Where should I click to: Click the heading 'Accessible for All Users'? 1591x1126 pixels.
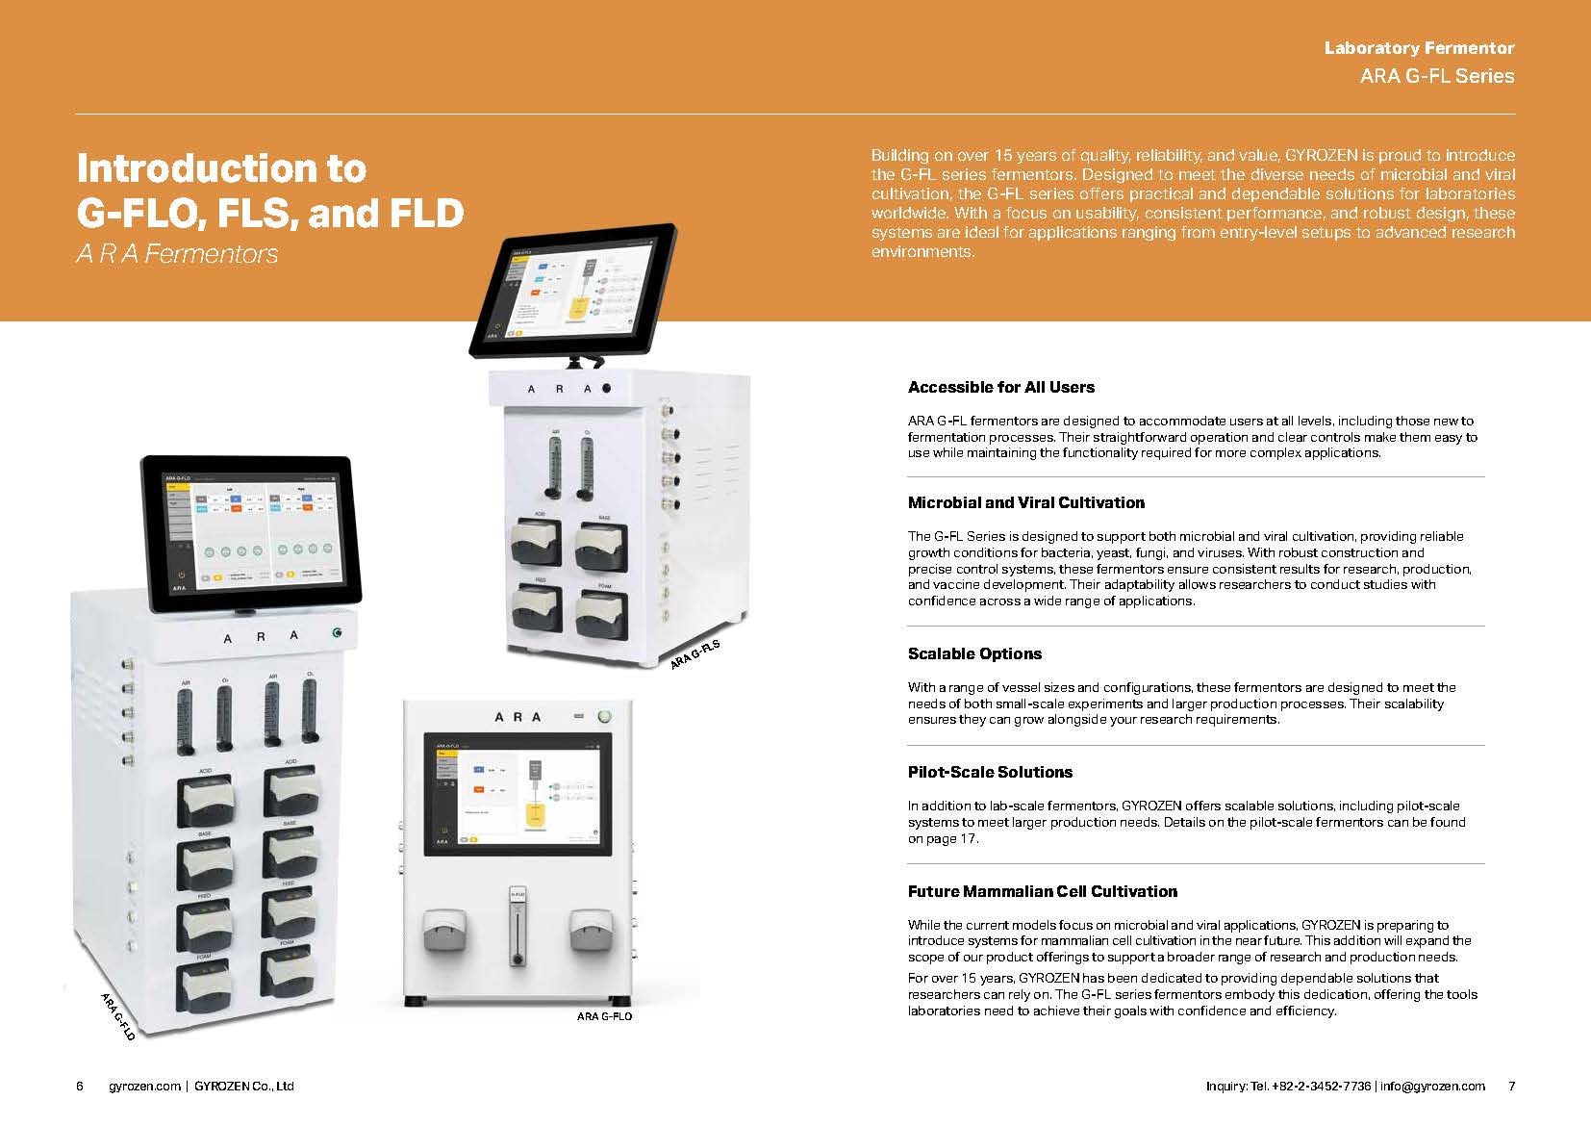[x=1000, y=388]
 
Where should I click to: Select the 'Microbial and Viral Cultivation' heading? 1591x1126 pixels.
[x=1025, y=502]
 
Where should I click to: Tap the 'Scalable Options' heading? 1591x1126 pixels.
[x=974, y=653]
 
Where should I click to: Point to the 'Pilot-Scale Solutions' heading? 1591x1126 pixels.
[x=990, y=772]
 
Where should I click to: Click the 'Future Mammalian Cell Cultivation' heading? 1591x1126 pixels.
[x=1042, y=891]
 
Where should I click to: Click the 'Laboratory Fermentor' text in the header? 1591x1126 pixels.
[x=1419, y=48]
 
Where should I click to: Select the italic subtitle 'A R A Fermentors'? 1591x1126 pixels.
[x=177, y=254]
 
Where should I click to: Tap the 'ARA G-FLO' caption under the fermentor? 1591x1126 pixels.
[x=604, y=1016]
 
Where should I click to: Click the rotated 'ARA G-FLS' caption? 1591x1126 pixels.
[x=694, y=661]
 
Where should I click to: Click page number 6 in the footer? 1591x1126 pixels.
[x=80, y=1087]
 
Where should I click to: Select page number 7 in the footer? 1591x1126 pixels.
[x=1511, y=1087]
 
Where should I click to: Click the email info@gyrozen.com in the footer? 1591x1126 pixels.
[x=1432, y=1087]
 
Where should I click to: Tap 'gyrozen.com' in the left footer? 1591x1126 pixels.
[x=144, y=1087]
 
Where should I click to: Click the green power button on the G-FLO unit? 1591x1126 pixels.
[x=605, y=716]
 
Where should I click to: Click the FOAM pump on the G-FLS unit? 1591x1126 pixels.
[x=601, y=612]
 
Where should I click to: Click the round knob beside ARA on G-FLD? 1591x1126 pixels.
[x=337, y=632]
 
